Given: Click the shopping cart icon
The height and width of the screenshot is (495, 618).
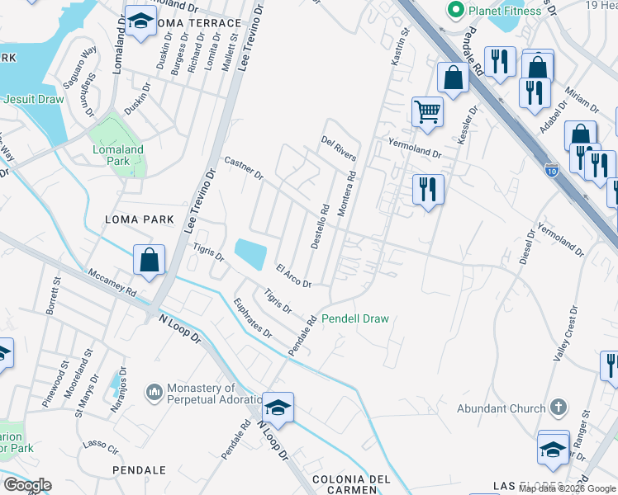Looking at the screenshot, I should (x=427, y=111).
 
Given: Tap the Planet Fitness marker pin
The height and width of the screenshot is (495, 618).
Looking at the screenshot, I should (x=454, y=11).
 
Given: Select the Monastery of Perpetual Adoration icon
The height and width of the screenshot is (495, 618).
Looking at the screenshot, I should (x=154, y=390).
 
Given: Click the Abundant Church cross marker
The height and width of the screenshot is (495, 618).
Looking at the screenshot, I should (x=559, y=408).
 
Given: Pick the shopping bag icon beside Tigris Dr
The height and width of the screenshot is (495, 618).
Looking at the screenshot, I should (x=149, y=260).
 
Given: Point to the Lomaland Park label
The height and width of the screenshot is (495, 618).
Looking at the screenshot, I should (x=117, y=155).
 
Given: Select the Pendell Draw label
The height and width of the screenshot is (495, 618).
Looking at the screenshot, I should (x=354, y=318).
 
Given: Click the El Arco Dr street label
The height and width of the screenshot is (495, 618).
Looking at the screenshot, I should (x=293, y=276).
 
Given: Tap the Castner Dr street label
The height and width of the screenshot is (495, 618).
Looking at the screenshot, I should (x=243, y=168).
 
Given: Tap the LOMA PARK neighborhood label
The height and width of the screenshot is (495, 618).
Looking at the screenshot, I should (x=140, y=219).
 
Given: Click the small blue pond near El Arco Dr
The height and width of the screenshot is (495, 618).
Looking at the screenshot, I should (x=251, y=252).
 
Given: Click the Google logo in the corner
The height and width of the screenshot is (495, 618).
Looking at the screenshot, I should (x=27, y=485).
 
